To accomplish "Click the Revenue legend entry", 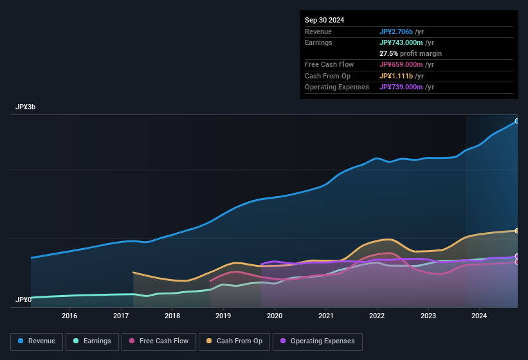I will [37, 341].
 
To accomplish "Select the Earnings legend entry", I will [91, 341].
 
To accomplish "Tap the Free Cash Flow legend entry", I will [158, 341].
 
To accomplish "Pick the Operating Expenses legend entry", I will [317, 341].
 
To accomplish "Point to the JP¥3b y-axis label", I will [26, 107].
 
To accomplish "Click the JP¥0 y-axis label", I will [24, 300].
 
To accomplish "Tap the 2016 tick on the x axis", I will [69, 316].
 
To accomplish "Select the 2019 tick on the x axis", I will [223, 316].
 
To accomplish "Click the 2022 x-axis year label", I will [377, 316].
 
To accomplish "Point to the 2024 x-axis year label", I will [479, 316].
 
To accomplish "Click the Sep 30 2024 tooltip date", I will [324, 20].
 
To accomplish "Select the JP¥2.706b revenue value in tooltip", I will [400, 32].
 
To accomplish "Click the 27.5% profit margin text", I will [410, 53].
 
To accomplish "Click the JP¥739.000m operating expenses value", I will [406, 87].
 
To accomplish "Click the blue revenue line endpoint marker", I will [517, 121].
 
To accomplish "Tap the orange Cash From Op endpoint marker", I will [517, 231].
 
